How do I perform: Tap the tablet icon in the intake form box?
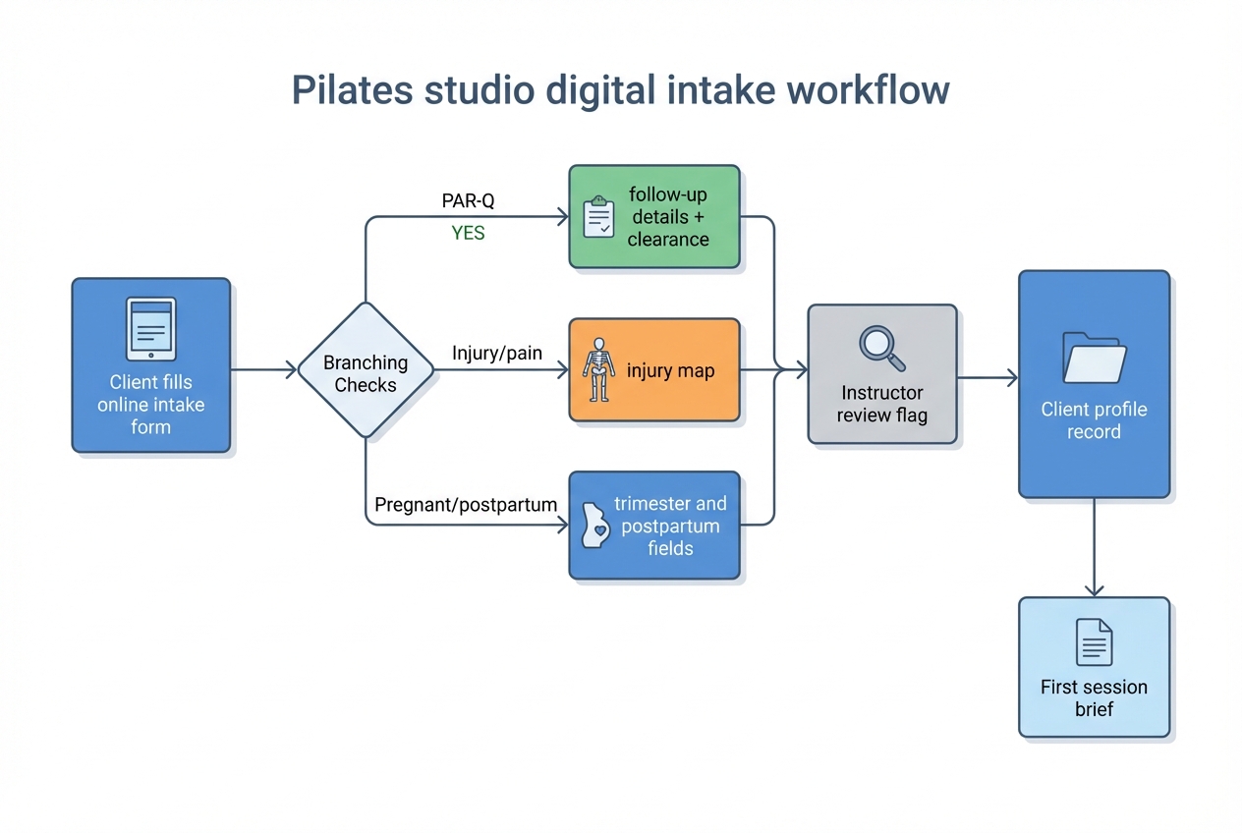pos(150,329)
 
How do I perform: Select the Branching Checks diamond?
pos(366,370)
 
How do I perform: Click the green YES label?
pos(469,234)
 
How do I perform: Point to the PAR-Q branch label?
pos(469,201)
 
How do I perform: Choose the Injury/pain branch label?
pos(496,353)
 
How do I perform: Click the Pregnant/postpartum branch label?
pos(466,505)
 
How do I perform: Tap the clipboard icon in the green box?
pos(598,217)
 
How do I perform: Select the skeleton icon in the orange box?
pos(596,370)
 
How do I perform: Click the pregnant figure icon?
pos(594,527)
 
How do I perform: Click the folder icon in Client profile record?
pos(1094,357)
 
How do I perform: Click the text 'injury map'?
pos(670,371)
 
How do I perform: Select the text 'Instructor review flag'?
pos(881,404)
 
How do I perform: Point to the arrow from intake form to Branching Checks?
pos(263,370)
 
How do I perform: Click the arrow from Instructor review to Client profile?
pos(988,377)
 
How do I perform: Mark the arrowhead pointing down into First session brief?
pos(1094,588)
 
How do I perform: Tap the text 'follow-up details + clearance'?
pos(668,217)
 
